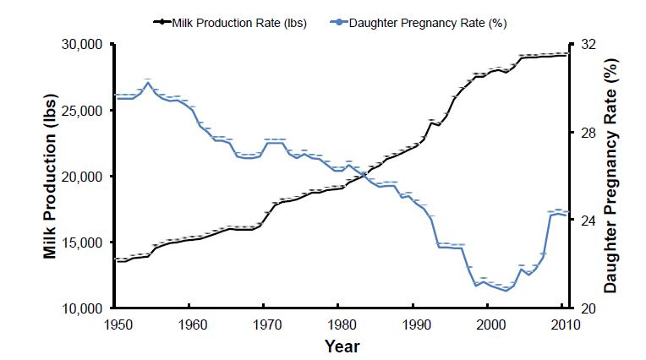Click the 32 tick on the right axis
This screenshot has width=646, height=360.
pyautogui.click(x=585, y=44)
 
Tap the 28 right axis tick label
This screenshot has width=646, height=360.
pyautogui.click(x=585, y=133)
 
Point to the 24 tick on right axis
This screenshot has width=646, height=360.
pyautogui.click(x=585, y=221)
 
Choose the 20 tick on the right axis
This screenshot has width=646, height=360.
pyautogui.click(x=585, y=308)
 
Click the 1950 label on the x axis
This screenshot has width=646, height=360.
pyautogui.click(x=117, y=325)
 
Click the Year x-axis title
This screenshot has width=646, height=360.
pyautogui.click(x=342, y=346)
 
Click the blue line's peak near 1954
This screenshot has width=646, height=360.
pyautogui.click(x=148, y=83)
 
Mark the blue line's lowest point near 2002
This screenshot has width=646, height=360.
pyautogui.click(x=506, y=291)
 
